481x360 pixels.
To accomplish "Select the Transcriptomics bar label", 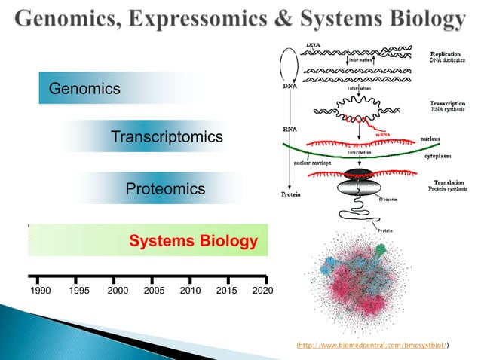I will click(x=167, y=137).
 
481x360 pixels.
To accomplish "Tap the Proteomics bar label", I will click(x=165, y=188).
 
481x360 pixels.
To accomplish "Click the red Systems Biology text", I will click(x=194, y=242).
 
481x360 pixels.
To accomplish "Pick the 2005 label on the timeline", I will click(x=154, y=290).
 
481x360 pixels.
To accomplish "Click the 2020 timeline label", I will click(x=262, y=290).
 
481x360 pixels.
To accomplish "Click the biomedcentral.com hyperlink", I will click(x=373, y=344).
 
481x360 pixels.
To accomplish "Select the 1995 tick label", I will click(x=79, y=290).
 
